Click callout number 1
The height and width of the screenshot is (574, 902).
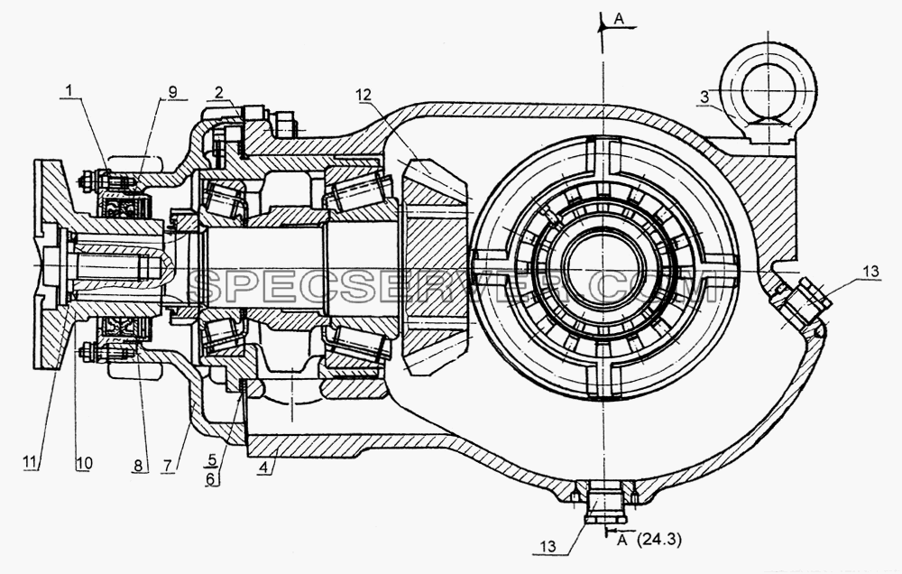point(69,90)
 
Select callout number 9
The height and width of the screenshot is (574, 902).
point(172,91)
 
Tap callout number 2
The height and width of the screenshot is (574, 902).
point(218,91)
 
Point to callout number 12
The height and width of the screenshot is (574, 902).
point(364,95)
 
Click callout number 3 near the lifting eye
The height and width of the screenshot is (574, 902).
point(705,97)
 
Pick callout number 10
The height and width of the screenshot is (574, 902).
point(83,462)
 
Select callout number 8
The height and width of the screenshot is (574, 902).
point(138,464)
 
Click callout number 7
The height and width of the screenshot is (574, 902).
point(168,465)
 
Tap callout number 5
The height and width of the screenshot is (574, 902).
point(212,460)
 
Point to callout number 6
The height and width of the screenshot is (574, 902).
point(212,478)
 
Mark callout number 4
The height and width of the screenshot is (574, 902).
point(262,468)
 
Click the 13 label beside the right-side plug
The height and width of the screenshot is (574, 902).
point(871,271)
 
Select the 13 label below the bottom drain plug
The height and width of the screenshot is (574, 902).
point(548,545)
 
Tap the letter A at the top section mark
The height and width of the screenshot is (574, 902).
point(619,19)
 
